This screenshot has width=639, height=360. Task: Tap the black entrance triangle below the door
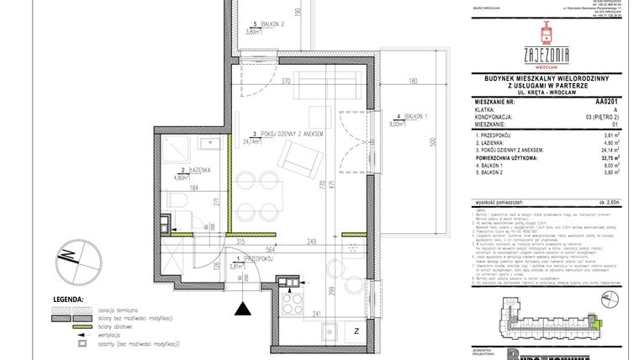coord(244,310)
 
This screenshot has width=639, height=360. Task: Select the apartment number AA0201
coord(604,100)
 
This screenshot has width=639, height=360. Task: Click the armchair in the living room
coord(298,157)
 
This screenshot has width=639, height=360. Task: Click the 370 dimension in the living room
coord(286,82)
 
